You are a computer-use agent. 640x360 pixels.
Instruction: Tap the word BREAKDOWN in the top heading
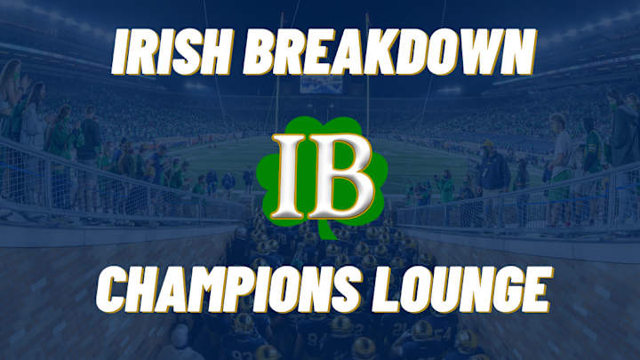[x=391, y=56]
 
